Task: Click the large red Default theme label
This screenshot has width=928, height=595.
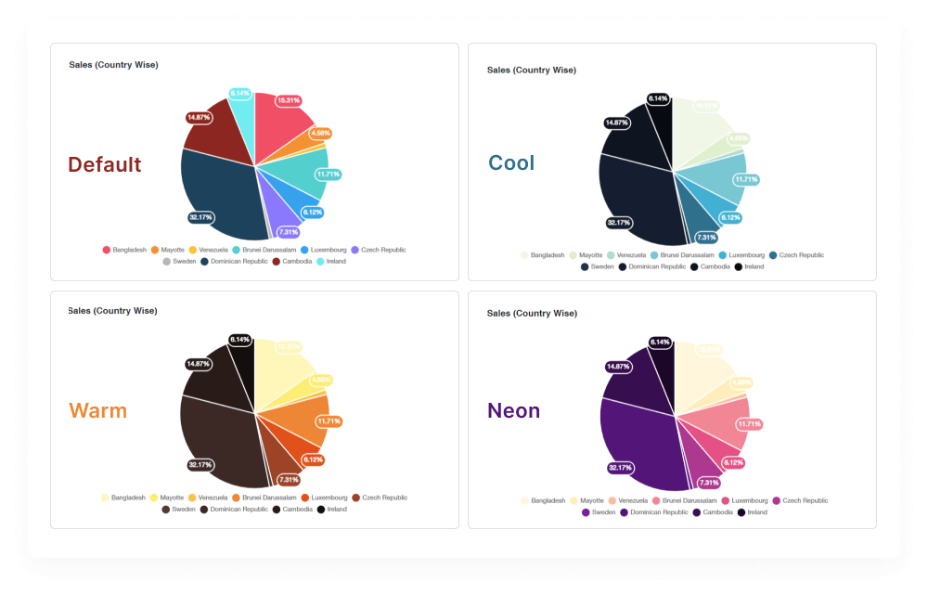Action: (105, 164)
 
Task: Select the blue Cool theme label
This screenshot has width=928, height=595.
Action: (511, 162)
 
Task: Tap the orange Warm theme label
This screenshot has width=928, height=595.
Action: (97, 410)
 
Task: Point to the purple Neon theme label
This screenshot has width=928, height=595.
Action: (513, 410)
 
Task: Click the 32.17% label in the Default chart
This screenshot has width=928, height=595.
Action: (200, 217)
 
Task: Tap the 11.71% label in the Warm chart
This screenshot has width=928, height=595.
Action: (329, 421)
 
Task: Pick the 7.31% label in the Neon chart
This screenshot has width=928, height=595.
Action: (708, 483)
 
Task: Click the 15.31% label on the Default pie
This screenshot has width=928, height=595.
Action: (288, 100)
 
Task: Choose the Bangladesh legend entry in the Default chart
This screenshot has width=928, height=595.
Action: (124, 250)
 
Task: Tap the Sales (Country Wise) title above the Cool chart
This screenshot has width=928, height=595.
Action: (531, 70)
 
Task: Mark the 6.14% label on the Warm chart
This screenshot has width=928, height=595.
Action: (240, 340)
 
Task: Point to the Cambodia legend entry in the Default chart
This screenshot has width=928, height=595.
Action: (292, 261)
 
